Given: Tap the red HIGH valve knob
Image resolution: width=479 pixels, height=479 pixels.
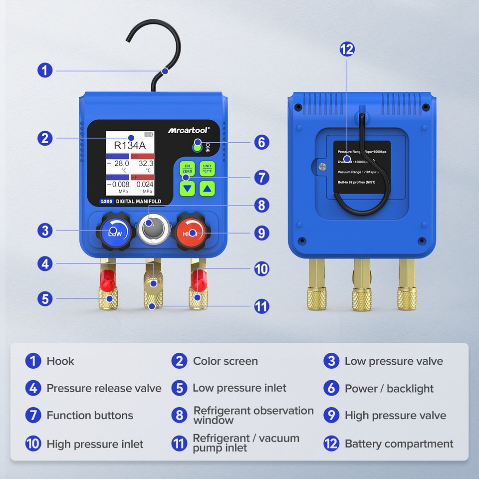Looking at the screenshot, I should pyautogui.click(x=191, y=233).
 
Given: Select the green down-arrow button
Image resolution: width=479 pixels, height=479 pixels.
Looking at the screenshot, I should pyautogui.click(x=187, y=189).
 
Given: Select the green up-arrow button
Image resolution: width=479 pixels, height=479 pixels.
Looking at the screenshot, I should pyautogui.click(x=208, y=189).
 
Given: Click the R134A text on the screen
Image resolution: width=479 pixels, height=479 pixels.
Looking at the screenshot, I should pyautogui.click(x=129, y=146).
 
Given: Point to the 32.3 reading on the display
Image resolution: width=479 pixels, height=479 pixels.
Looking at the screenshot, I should pyautogui.click(x=146, y=163).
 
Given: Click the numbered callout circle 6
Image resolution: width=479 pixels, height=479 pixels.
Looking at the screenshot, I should pyautogui.click(x=261, y=142).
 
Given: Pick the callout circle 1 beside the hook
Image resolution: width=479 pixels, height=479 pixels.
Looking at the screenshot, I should pyautogui.click(x=45, y=70).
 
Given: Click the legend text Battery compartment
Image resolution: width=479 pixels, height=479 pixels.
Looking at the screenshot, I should pyautogui.click(x=399, y=444).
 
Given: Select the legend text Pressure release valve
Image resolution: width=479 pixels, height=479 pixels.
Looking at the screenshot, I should pyautogui.click(x=104, y=388).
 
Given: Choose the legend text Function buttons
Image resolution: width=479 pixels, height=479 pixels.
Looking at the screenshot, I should pyautogui.click(x=90, y=415).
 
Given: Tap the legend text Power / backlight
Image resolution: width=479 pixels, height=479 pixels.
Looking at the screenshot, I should pyautogui.click(x=389, y=388).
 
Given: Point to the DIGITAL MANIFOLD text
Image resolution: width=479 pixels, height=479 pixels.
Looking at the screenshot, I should pyautogui.click(x=138, y=202).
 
